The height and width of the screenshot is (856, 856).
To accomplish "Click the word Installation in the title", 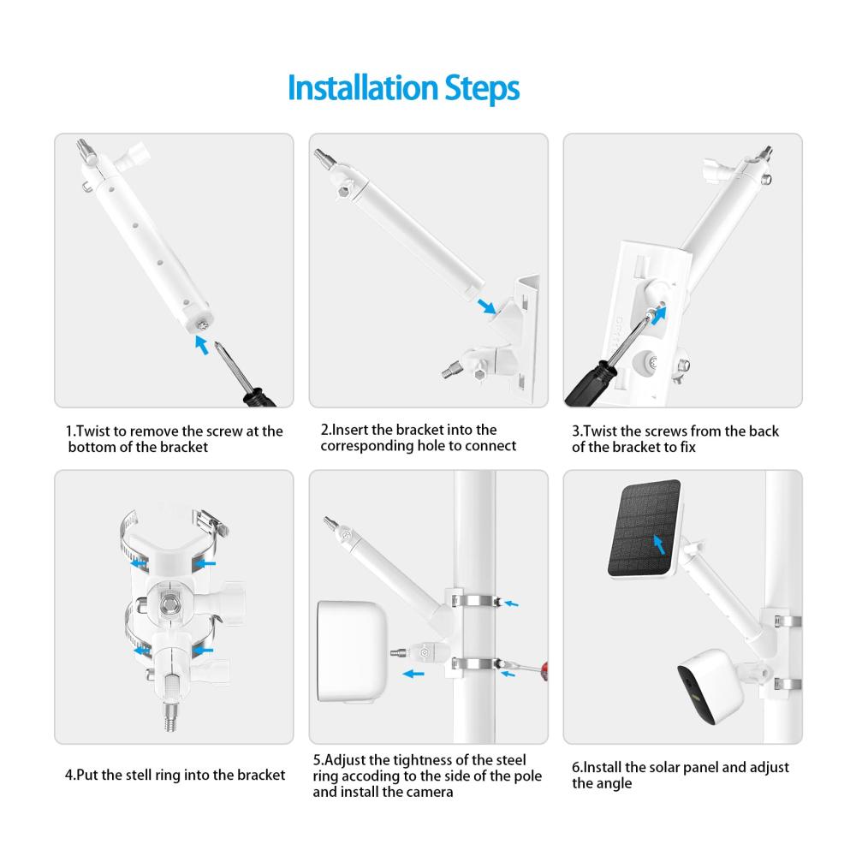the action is [x=362, y=88].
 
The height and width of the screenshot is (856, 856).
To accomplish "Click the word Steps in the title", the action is [x=481, y=89].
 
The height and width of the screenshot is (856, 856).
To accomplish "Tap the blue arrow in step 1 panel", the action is [x=201, y=345].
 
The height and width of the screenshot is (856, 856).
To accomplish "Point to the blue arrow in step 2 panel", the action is [x=486, y=306].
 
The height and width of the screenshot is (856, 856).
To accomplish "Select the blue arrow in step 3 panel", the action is [x=659, y=315].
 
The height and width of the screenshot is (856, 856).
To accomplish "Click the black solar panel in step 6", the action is [x=645, y=528].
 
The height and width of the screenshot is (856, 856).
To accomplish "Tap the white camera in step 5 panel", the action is [x=352, y=651].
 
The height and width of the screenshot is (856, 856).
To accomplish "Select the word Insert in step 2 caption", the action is [x=350, y=430].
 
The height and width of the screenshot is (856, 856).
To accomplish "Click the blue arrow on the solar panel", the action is [x=659, y=544].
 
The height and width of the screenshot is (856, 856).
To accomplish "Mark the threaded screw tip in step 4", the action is [x=170, y=716].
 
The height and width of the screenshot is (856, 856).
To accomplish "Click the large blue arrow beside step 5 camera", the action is [x=413, y=674].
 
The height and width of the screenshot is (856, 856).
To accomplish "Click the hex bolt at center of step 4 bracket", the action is [x=169, y=604].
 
